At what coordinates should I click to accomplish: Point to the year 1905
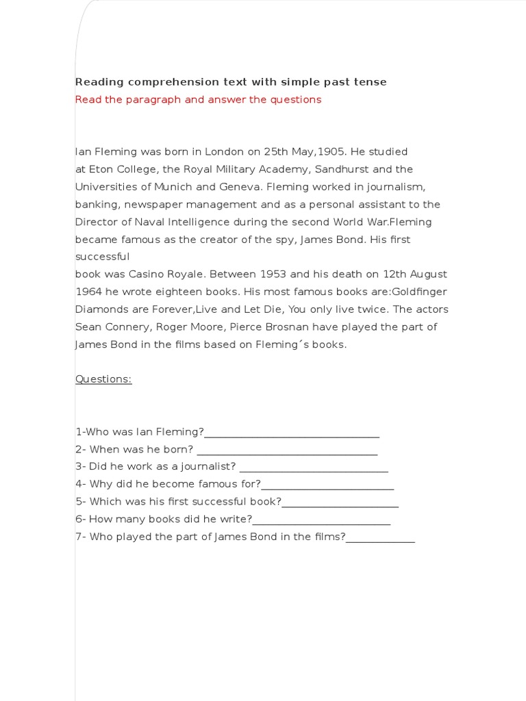coord(329,151)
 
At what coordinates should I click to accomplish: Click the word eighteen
coord(158,292)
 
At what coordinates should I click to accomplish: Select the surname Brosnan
coord(287,327)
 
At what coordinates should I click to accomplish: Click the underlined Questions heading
coord(103,379)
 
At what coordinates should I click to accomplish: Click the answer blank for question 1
coord(291,433)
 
